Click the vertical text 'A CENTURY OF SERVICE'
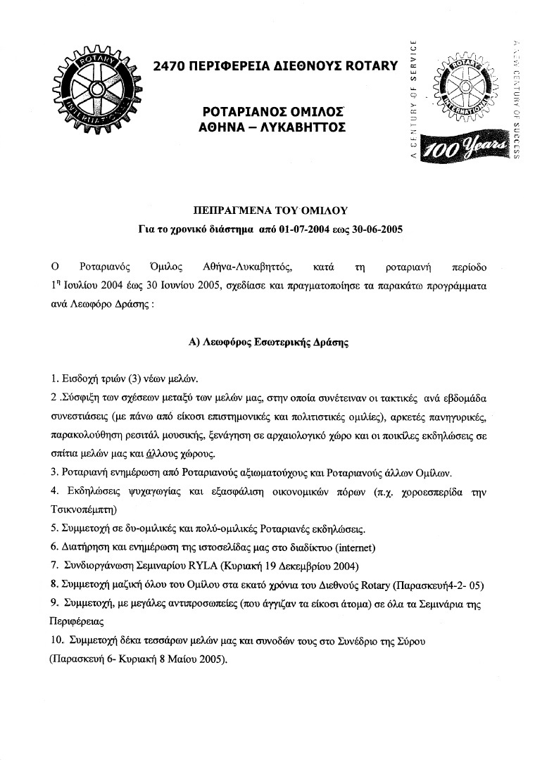(414, 99)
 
